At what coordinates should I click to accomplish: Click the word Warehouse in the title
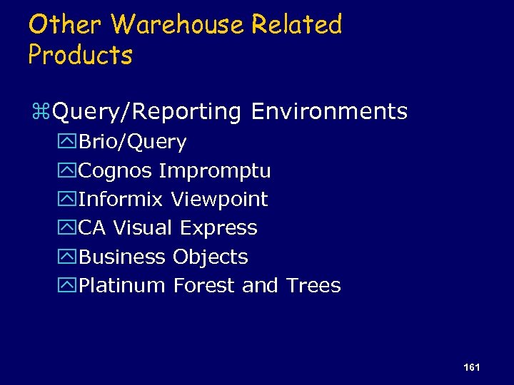click(x=178, y=25)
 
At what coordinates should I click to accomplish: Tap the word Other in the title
click(x=66, y=25)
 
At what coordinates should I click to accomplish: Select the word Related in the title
click(x=296, y=25)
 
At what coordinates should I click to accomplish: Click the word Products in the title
click(x=80, y=55)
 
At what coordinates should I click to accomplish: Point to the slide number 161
click(x=471, y=366)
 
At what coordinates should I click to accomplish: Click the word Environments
click(x=329, y=112)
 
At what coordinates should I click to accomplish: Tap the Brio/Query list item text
click(x=132, y=143)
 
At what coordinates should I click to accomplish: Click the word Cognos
click(x=115, y=171)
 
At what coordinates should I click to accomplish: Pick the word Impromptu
click(x=214, y=172)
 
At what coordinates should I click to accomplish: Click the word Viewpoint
click(x=219, y=200)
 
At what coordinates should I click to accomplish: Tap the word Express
click(x=218, y=229)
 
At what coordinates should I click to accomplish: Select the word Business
click(x=122, y=257)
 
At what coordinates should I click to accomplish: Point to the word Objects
click(x=210, y=257)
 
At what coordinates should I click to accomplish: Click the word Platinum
click(x=122, y=286)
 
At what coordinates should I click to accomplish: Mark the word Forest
click(x=204, y=286)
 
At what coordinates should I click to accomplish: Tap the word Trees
click(x=313, y=286)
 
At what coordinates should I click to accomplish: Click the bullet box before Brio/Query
click(x=68, y=143)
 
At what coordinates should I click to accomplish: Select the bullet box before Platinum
click(x=68, y=286)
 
